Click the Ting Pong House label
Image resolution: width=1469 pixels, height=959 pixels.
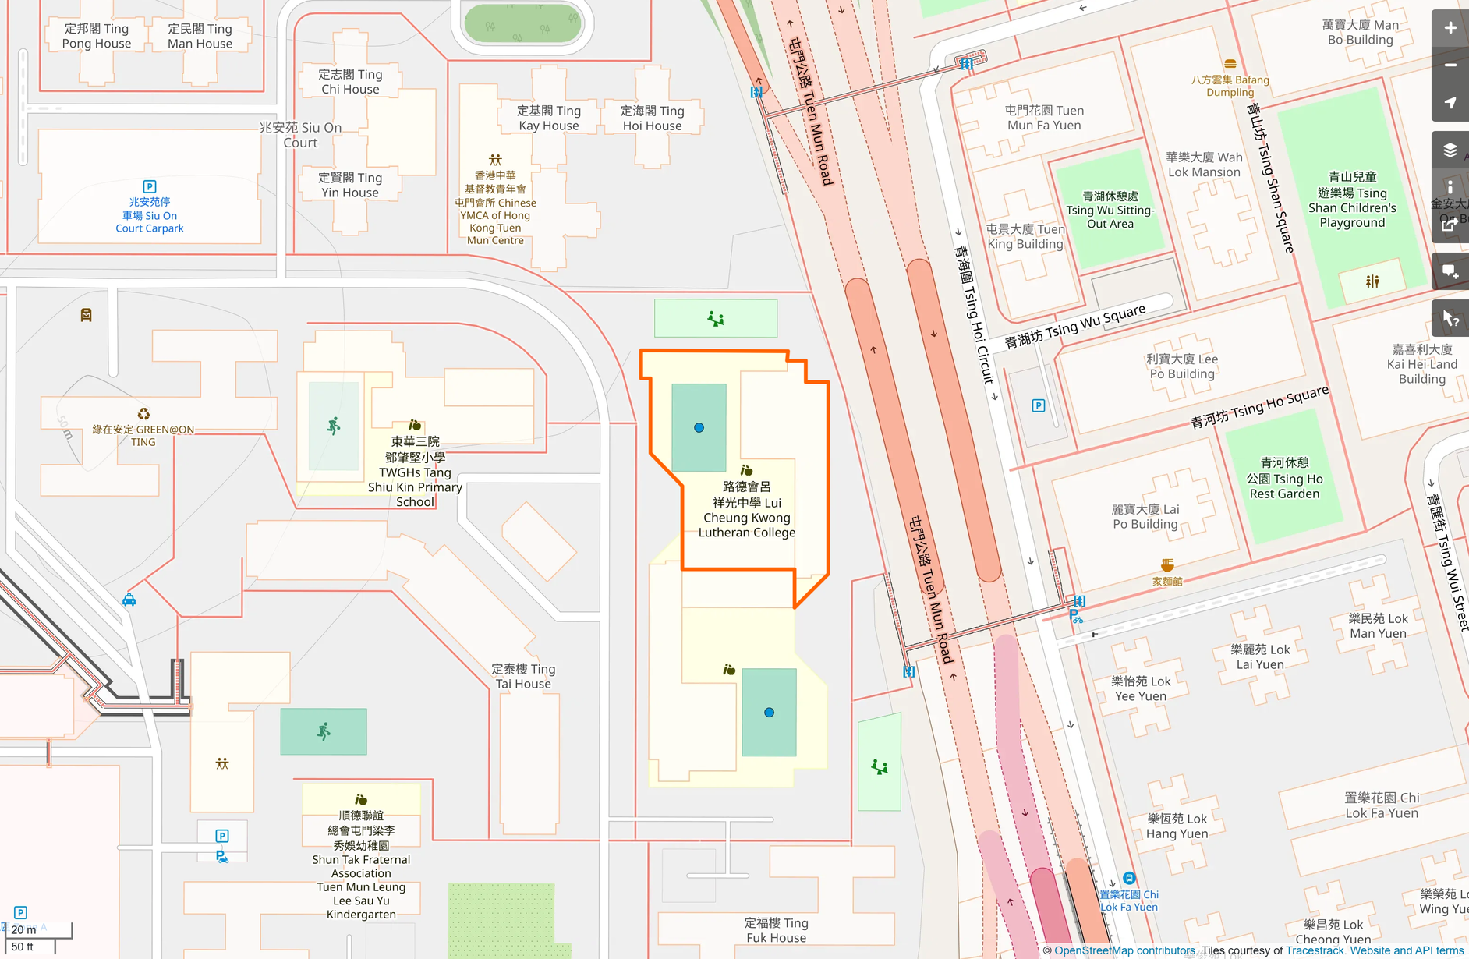coord(97,36)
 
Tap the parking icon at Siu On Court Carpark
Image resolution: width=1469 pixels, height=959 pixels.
coord(150,186)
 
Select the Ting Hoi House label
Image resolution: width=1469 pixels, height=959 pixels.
coord(652,118)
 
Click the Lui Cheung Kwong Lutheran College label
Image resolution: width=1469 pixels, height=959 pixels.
coord(746,510)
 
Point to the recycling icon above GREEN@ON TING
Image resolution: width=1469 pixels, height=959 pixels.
coord(143,414)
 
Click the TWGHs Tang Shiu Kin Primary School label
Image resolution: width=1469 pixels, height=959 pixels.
coord(415,472)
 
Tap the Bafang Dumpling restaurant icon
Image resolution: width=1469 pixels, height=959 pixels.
coord(1230,65)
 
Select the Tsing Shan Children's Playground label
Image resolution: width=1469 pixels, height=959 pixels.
coord(1352,200)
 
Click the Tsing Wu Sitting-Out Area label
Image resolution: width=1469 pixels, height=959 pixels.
coord(1110,210)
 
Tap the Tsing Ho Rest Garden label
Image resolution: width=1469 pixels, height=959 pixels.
coord(1284,478)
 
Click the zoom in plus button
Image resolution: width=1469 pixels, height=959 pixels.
coord(1450,28)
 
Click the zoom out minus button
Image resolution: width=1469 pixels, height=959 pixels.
coord(1450,65)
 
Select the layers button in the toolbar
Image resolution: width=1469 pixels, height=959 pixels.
coord(1450,150)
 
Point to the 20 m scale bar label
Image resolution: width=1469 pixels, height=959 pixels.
coord(23,929)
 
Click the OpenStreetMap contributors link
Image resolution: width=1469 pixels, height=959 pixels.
coord(1124,950)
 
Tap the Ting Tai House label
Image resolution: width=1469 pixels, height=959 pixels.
coord(523,676)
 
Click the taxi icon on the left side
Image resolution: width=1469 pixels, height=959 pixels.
coord(129,600)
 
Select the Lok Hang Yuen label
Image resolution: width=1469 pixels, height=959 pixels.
coord(1177,826)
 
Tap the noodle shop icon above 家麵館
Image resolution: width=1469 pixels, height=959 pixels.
coord(1167,564)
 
